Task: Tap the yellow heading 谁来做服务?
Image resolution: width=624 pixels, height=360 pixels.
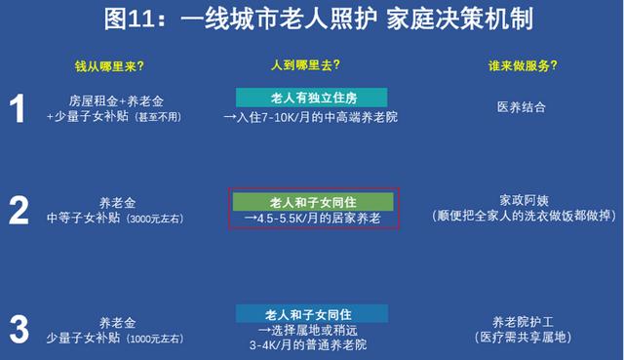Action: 522,65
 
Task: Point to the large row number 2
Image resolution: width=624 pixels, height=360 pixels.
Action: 19,210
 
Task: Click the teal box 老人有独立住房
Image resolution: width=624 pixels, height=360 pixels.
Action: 311,98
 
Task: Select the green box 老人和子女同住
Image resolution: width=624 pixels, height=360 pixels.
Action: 311,201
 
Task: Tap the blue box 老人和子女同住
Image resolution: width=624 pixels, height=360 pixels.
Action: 311,313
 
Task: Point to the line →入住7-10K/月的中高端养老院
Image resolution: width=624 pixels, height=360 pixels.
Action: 311,117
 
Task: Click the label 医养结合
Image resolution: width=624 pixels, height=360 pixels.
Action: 520,106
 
